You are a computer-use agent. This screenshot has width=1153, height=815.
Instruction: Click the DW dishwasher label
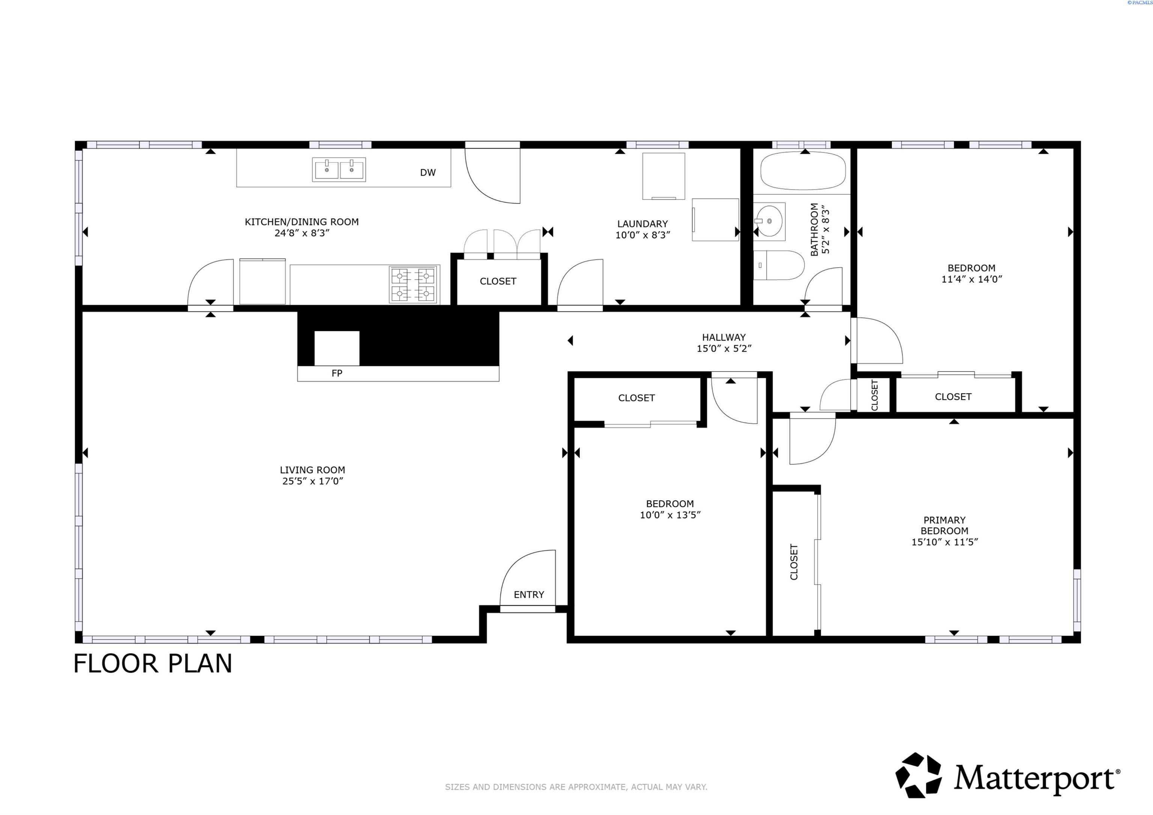(x=427, y=173)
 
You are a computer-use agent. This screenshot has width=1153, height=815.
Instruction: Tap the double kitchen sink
(x=339, y=169)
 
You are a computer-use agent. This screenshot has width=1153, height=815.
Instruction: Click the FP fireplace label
(x=336, y=373)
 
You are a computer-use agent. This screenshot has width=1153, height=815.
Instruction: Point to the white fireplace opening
(x=336, y=348)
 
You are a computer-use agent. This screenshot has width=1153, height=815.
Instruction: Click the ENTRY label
(x=528, y=595)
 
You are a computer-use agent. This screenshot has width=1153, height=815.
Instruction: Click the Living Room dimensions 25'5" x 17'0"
(x=312, y=481)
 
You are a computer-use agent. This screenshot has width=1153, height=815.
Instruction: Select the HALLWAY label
(x=723, y=337)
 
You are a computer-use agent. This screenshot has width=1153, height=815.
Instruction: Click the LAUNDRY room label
(x=642, y=224)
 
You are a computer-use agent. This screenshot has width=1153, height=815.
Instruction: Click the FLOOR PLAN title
(x=153, y=664)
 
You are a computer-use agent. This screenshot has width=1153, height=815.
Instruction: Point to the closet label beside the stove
(x=498, y=281)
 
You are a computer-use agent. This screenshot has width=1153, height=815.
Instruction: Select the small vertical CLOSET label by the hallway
(x=874, y=395)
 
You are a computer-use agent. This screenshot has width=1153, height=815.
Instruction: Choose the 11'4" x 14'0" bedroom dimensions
(x=971, y=279)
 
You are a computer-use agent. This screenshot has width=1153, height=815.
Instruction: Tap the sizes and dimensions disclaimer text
(x=576, y=787)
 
